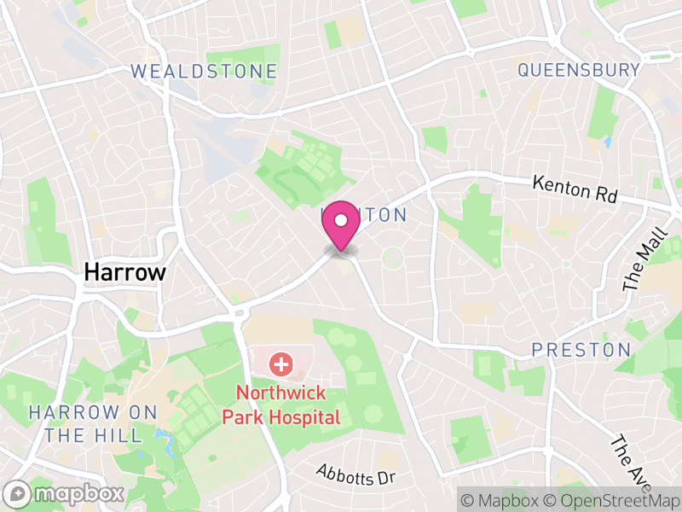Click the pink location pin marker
pyautogui.click(x=341, y=226)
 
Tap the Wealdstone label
pyautogui.click(x=205, y=72)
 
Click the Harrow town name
pyautogui.click(x=124, y=273)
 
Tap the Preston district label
pyautogui.click(x=581, y=350)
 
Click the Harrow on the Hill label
pyautogui.click(x=94, y=424)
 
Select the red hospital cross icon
pyautogui.click(x=280, y=365)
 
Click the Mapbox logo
pyautogui.click(x=66, y=493)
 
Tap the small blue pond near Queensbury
pyautogui.click(x=607, y=142)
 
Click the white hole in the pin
pyautogui.click(x=341, y=220)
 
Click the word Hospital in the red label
pyautogui.click(x=309, y=417)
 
